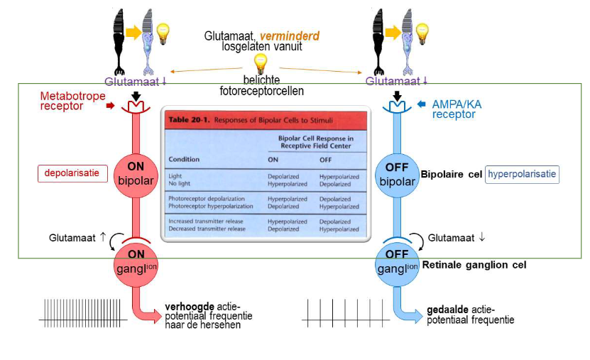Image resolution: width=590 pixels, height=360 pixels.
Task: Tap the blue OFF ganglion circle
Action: [x=398, y=261]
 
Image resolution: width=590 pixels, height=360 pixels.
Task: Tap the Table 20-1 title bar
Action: [x=266, y=119]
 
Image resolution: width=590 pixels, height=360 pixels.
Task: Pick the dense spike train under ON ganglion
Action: [x=83, y=313]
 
